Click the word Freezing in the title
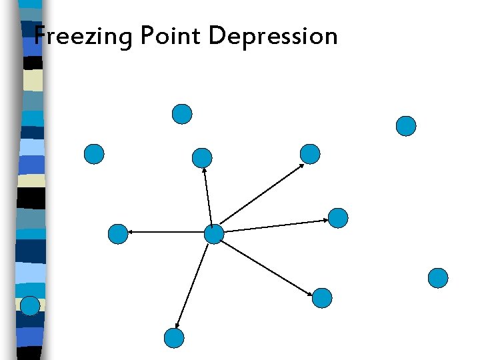83,36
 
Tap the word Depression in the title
273,36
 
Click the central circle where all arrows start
213,234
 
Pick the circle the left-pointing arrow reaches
117,234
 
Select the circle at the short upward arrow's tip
201,158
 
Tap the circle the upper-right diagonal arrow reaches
310,154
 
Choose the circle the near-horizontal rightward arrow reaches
338,218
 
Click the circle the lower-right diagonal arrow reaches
322,297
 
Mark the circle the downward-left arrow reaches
173,338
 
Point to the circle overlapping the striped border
30,305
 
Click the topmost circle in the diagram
182,114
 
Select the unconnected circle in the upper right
406,126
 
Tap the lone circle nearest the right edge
438,277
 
